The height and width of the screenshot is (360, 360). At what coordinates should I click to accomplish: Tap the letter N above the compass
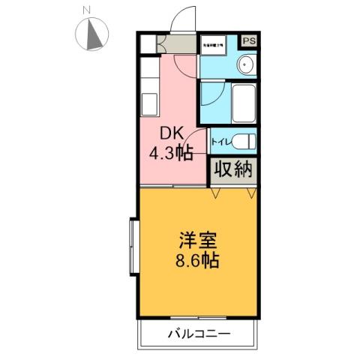coord(87,10)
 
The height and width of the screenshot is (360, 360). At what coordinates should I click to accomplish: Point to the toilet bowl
coord(242,141)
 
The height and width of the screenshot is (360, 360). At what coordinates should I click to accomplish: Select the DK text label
coord(172,134)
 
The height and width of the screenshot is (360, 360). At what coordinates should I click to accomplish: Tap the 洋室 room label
coord(198,242)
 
